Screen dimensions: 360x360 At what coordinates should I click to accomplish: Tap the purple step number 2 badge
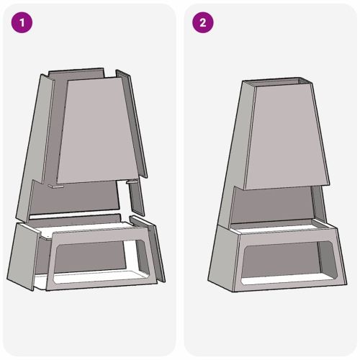tap(202, 22)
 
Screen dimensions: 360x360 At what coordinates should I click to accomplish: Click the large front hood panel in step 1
tap(98, 130)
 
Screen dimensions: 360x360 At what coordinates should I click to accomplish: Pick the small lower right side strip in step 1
tap(135, 198)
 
